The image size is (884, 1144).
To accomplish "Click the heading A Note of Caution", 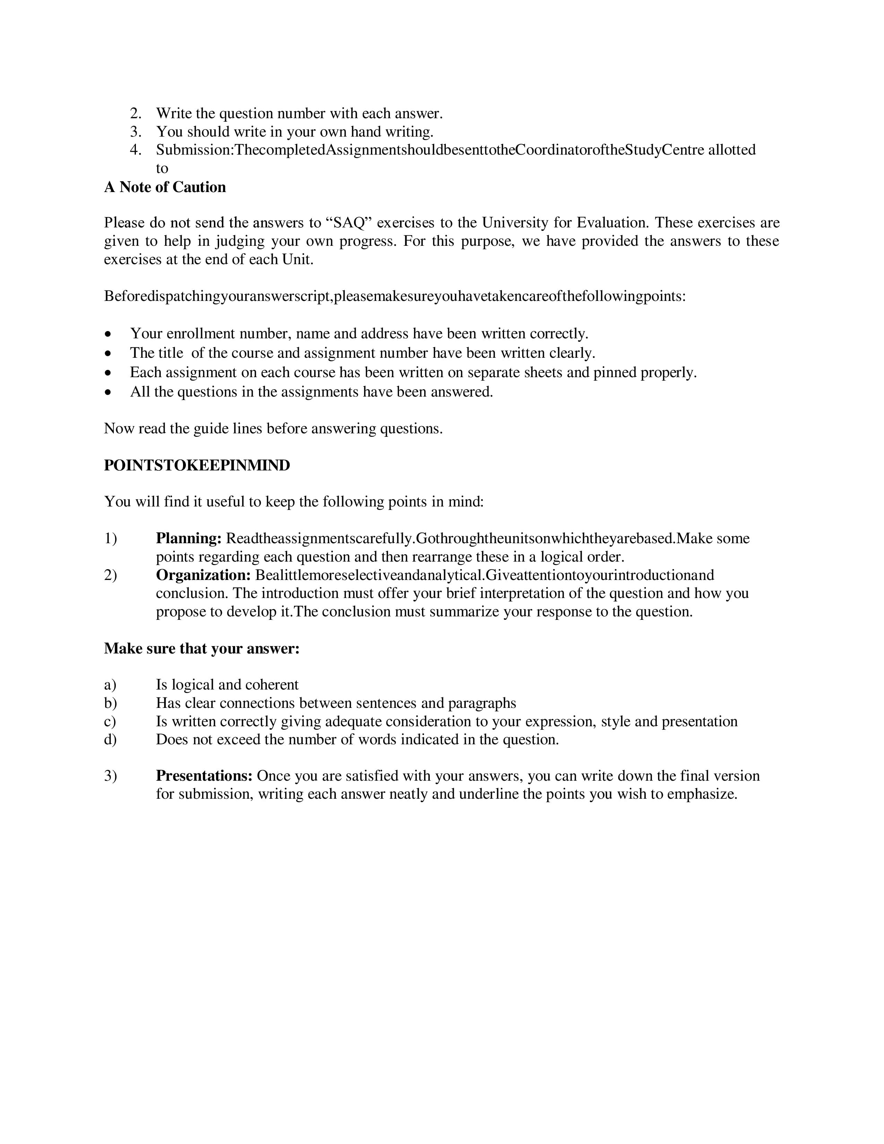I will click(x=165, y=187).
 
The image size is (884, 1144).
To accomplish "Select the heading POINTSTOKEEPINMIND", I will click(x=197, y=465).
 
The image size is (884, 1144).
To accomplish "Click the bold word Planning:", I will click(x=189, y=538).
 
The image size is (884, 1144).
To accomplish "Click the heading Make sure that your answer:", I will click(x=202, y=649).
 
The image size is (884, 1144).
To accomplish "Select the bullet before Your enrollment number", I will click(x=108, y=333).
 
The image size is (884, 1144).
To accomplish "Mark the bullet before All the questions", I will click(x=108, y=392).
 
